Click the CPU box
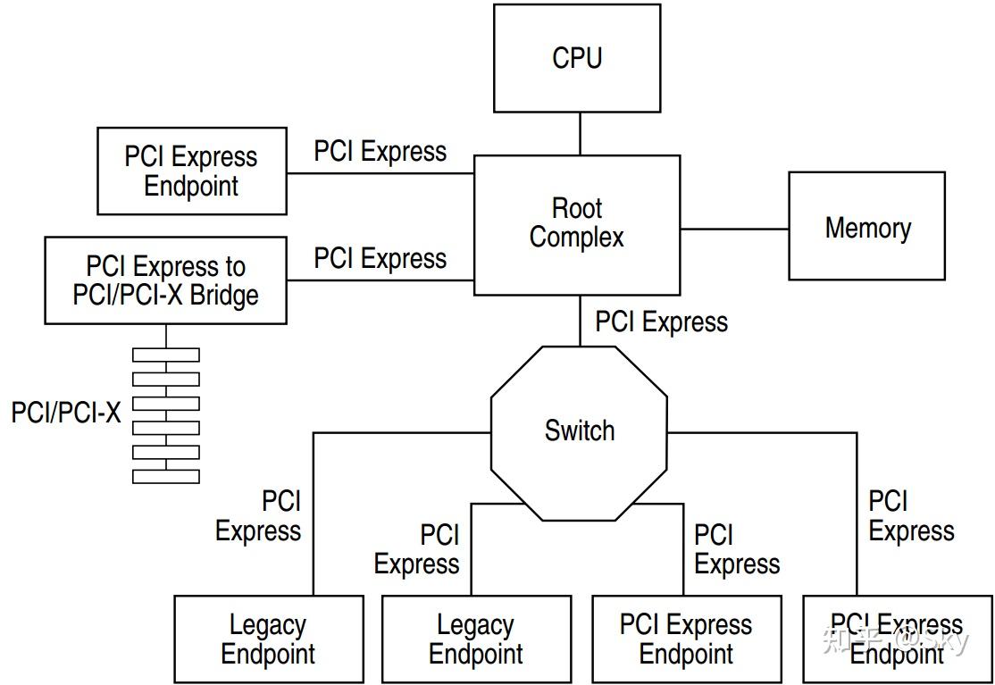(577, 58)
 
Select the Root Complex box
(576, 224)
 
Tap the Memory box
(866, 227)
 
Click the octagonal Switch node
(579, 432)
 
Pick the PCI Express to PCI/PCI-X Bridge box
(165, 280)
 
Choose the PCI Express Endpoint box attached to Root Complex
(191, 171)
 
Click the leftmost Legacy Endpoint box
(268, 639)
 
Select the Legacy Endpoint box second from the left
(476, 639)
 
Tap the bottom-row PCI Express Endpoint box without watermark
(686, 639)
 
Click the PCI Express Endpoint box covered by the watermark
(897, 639)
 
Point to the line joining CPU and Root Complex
(580, 134)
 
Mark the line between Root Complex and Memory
(734, 229)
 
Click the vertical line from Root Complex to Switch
(580, 322)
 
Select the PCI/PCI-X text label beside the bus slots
(66, 412)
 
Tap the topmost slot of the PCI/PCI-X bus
(166, 355)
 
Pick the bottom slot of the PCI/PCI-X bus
(166, 476)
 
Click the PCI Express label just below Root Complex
(661, 322)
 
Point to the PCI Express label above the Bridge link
(380, 258)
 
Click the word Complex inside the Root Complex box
(576, 238)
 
